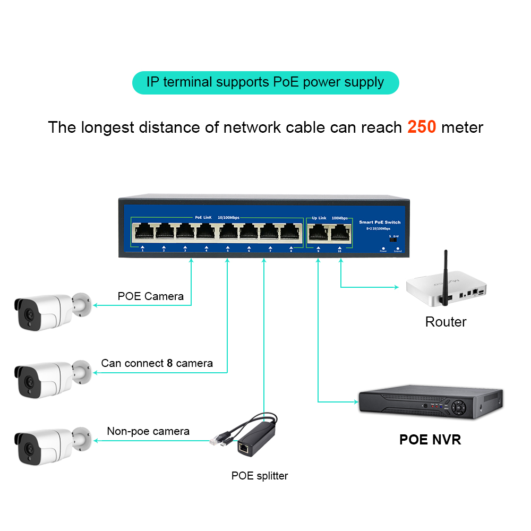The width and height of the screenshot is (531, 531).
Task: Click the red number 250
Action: (422, 127)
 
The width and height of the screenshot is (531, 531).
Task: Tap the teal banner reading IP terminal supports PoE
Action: (265, 83)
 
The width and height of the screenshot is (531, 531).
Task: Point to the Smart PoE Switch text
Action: (380, 222)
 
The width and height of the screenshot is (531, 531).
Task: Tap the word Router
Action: (446, 322)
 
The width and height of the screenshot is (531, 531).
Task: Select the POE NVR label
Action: (430, 440)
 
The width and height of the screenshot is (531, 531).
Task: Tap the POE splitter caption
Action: (259, 476)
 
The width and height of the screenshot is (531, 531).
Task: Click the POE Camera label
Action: (150, 296)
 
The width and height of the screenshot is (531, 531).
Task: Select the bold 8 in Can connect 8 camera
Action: (170, 363)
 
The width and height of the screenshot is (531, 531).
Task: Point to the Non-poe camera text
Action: (148, 431)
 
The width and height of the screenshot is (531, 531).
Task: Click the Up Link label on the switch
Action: (319, 218)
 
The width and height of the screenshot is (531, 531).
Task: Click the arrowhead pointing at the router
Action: (396, 287)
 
